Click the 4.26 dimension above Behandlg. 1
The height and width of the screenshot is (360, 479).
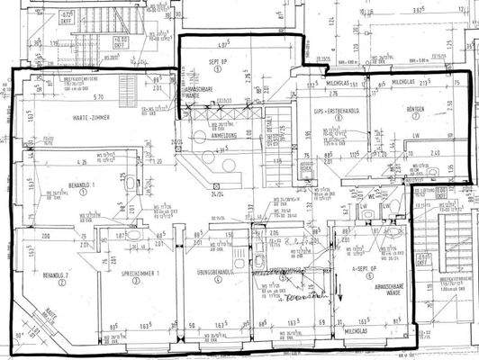(x=81, y=163)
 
